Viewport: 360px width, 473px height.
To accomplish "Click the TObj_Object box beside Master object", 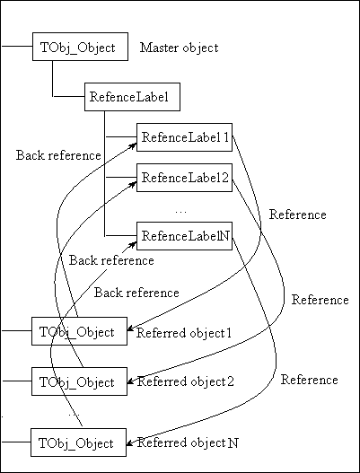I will coord(77,47).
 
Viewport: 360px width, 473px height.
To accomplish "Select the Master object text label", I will coord(180,47).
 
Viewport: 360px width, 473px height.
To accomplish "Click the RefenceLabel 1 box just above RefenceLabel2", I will coord(184,137).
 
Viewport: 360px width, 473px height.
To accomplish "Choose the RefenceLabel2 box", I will coord(184,178).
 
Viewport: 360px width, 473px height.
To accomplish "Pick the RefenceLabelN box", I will coord(184,236).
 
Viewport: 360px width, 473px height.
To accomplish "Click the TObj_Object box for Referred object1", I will coord(77,332).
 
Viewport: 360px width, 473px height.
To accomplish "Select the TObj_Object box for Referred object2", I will coord(77,381).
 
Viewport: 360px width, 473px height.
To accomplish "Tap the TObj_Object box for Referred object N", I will coord(77,442).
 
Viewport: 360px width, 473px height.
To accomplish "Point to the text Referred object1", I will coord(184,333).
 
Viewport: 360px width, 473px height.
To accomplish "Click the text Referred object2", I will coord(185,381).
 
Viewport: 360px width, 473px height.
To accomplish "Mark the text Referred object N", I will coord(187,443).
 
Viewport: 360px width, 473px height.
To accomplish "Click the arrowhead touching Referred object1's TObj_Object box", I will coord(129,329).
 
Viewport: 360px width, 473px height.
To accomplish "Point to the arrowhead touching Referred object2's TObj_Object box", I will coord(129,381).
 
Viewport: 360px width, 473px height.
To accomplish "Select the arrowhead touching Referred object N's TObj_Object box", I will coord(129,442).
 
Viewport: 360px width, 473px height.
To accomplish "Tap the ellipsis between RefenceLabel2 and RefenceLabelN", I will coord(180,211).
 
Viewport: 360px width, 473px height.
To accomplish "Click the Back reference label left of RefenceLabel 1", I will coord(58,155).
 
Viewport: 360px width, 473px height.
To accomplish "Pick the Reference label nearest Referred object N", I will coord(309,380).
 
